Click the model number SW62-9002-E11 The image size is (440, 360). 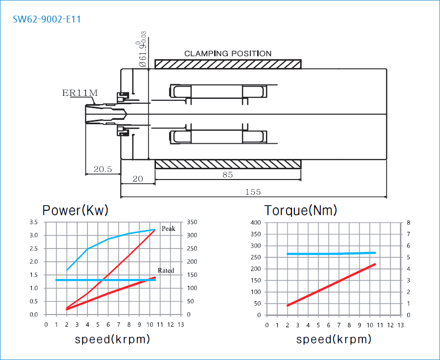coord(47,20)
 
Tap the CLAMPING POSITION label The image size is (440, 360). coord(227,53)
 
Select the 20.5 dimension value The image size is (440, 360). coord(103,169)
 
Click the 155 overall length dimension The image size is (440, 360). coord(253,192)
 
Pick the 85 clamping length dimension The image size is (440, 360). coord(227,175)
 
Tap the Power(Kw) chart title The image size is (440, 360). coord(75,210)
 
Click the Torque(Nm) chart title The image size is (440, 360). coord(301,210)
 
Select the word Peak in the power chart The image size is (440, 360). coord(168,228)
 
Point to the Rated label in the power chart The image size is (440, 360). coord(166,270)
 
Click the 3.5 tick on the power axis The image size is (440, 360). coord(33,222)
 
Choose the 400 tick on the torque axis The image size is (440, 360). coord(256,223)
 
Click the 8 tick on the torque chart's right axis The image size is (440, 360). coord(408,223)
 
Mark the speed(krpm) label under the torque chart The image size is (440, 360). coord(334,339)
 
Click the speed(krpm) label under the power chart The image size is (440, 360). coord(112,339)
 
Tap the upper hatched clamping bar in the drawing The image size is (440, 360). coord(228,64)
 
